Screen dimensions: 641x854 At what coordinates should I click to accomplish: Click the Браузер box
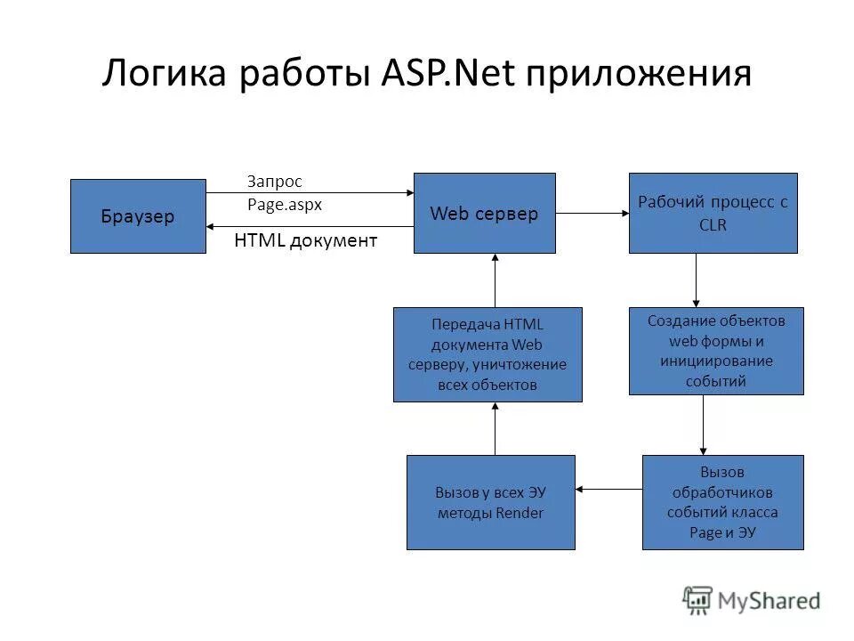click(x=138, y=216)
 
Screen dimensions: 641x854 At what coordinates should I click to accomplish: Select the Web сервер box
click(x=484, y=214)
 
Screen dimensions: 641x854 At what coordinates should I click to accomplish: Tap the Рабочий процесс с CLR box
click(x=713, y=214)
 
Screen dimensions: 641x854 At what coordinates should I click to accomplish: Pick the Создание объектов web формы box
click(x=715, y=351)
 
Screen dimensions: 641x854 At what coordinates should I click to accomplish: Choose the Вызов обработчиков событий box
click(x=722, y=502)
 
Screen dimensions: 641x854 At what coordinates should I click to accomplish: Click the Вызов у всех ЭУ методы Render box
click(x=490, y=502)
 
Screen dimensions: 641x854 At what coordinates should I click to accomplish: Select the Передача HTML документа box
click(x=487, y=354)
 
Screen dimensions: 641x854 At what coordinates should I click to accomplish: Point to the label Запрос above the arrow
click(x=275, y=182)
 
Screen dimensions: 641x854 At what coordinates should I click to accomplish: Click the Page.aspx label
click(x=284, y=204)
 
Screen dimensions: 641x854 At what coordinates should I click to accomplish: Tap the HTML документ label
click(x=305, y=240)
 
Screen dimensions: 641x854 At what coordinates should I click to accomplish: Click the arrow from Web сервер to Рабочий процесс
click(x=592, y=214)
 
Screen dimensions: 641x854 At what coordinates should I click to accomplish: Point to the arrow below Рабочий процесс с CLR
click(x=696, y=280)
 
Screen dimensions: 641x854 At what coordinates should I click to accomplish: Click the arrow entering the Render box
click(x=608, y=489)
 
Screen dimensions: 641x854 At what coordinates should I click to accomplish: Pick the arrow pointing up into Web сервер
click(x=495, y=280)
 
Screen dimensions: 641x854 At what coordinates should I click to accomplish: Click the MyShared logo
click(x=752, y=600)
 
